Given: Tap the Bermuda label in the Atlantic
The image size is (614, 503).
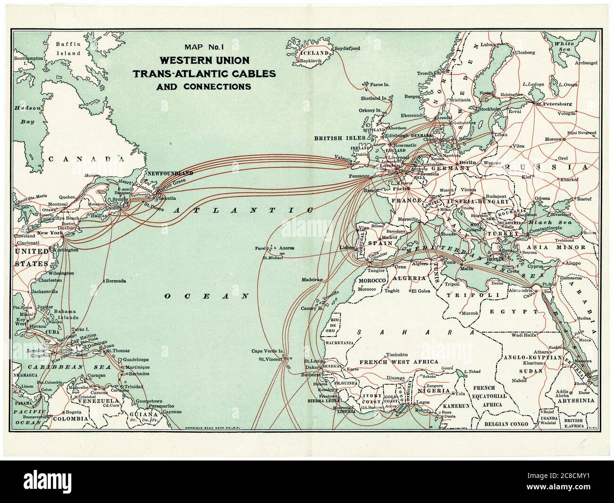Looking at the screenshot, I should tap(116, 281).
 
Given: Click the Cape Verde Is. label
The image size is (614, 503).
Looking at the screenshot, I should tap(267, 351).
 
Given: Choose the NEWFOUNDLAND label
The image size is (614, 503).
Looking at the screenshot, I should tap(170, 174).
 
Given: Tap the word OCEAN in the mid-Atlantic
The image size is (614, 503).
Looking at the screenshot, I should tap(206, 296).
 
